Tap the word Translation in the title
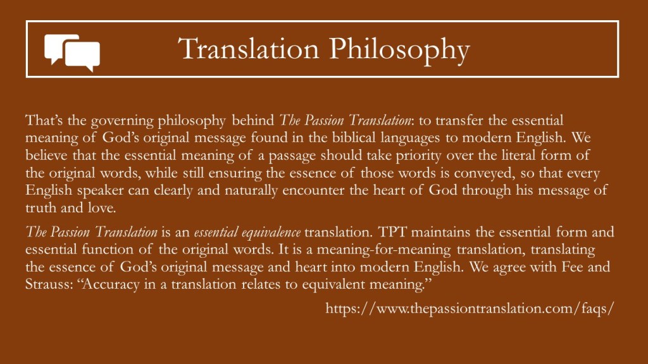click(249, 49)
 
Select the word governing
click(122, 121)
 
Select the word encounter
click(314, 190)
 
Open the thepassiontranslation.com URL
click(470, 308)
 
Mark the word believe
click(46, 155)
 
